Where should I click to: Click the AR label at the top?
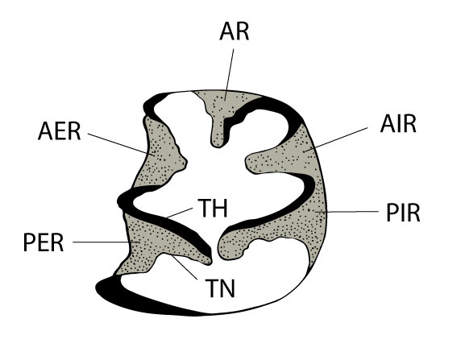(234, 31)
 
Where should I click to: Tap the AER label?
(60, 131)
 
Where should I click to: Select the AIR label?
(398, 124)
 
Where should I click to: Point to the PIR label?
(403, 213)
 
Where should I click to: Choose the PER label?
(44, 242)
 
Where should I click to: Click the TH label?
(213, 208)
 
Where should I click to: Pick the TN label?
(220, 288)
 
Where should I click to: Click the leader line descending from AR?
(229, 75)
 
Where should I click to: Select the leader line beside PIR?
(347, 212)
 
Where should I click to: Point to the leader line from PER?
(106, 242)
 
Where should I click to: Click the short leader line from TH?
(180, 213)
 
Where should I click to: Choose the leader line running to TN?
(185, 267)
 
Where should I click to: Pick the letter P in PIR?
(392, 213)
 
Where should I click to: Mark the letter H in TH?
(220, 208)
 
